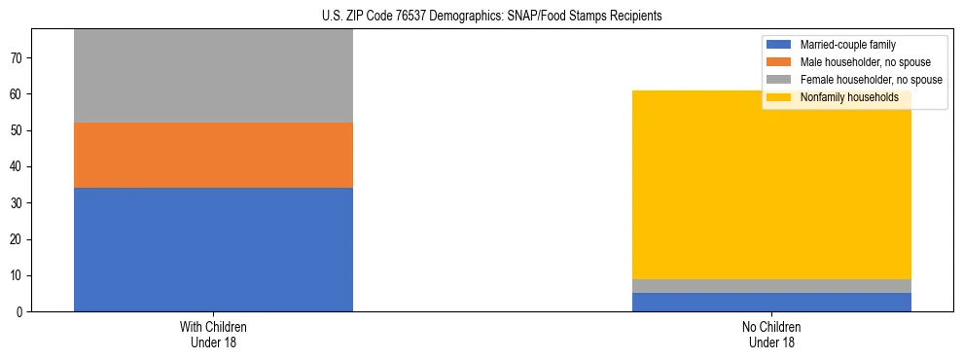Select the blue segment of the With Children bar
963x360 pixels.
click(x=213, y=249)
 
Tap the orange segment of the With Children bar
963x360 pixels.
click(x=213, y=155)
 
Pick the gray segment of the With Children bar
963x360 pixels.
click(x=213, y=76)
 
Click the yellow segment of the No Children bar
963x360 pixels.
click(x=771, y=185)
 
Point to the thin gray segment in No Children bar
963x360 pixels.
click(x=771, y=286)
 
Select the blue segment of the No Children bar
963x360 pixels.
click(x=771, y=302)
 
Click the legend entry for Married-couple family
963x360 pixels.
click(x=846, y=45)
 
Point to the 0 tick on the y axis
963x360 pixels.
click(x=21, y=312)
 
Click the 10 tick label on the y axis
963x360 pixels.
click(x=18, y=275)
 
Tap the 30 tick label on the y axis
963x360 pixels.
click(x=18, y=203)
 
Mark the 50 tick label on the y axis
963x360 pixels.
click(x=18, y=130)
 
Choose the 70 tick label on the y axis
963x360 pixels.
click(x=18, y=58)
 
